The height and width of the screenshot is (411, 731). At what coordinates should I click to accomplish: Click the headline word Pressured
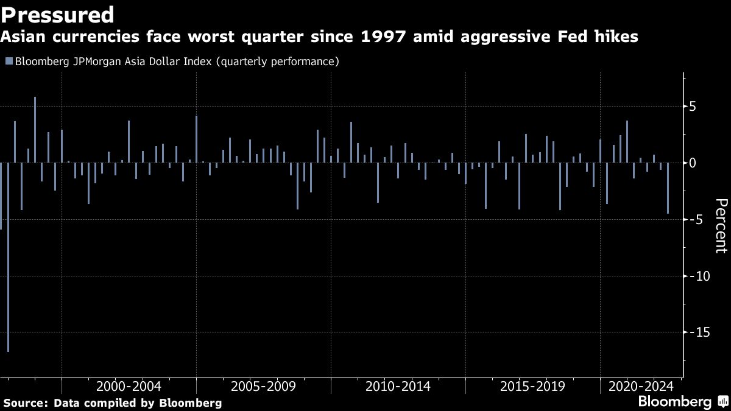tap(58, 14)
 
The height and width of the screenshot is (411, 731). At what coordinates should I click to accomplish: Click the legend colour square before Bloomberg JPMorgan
tap(9, 61)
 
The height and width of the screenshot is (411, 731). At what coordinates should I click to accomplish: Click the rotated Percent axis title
tap(720, 225)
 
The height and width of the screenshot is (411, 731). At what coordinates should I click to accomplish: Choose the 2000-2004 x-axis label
tap(129, 387)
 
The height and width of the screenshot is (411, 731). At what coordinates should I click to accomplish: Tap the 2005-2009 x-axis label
tap(263, 387)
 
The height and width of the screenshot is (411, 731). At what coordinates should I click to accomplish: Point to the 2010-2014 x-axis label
tap(398, 387)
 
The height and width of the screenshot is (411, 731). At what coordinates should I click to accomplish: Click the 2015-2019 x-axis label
tap(532, 387)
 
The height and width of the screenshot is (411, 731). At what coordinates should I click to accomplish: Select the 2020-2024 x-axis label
tap(641, 387)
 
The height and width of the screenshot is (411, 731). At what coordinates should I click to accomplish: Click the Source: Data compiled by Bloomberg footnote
tap(113, 403)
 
